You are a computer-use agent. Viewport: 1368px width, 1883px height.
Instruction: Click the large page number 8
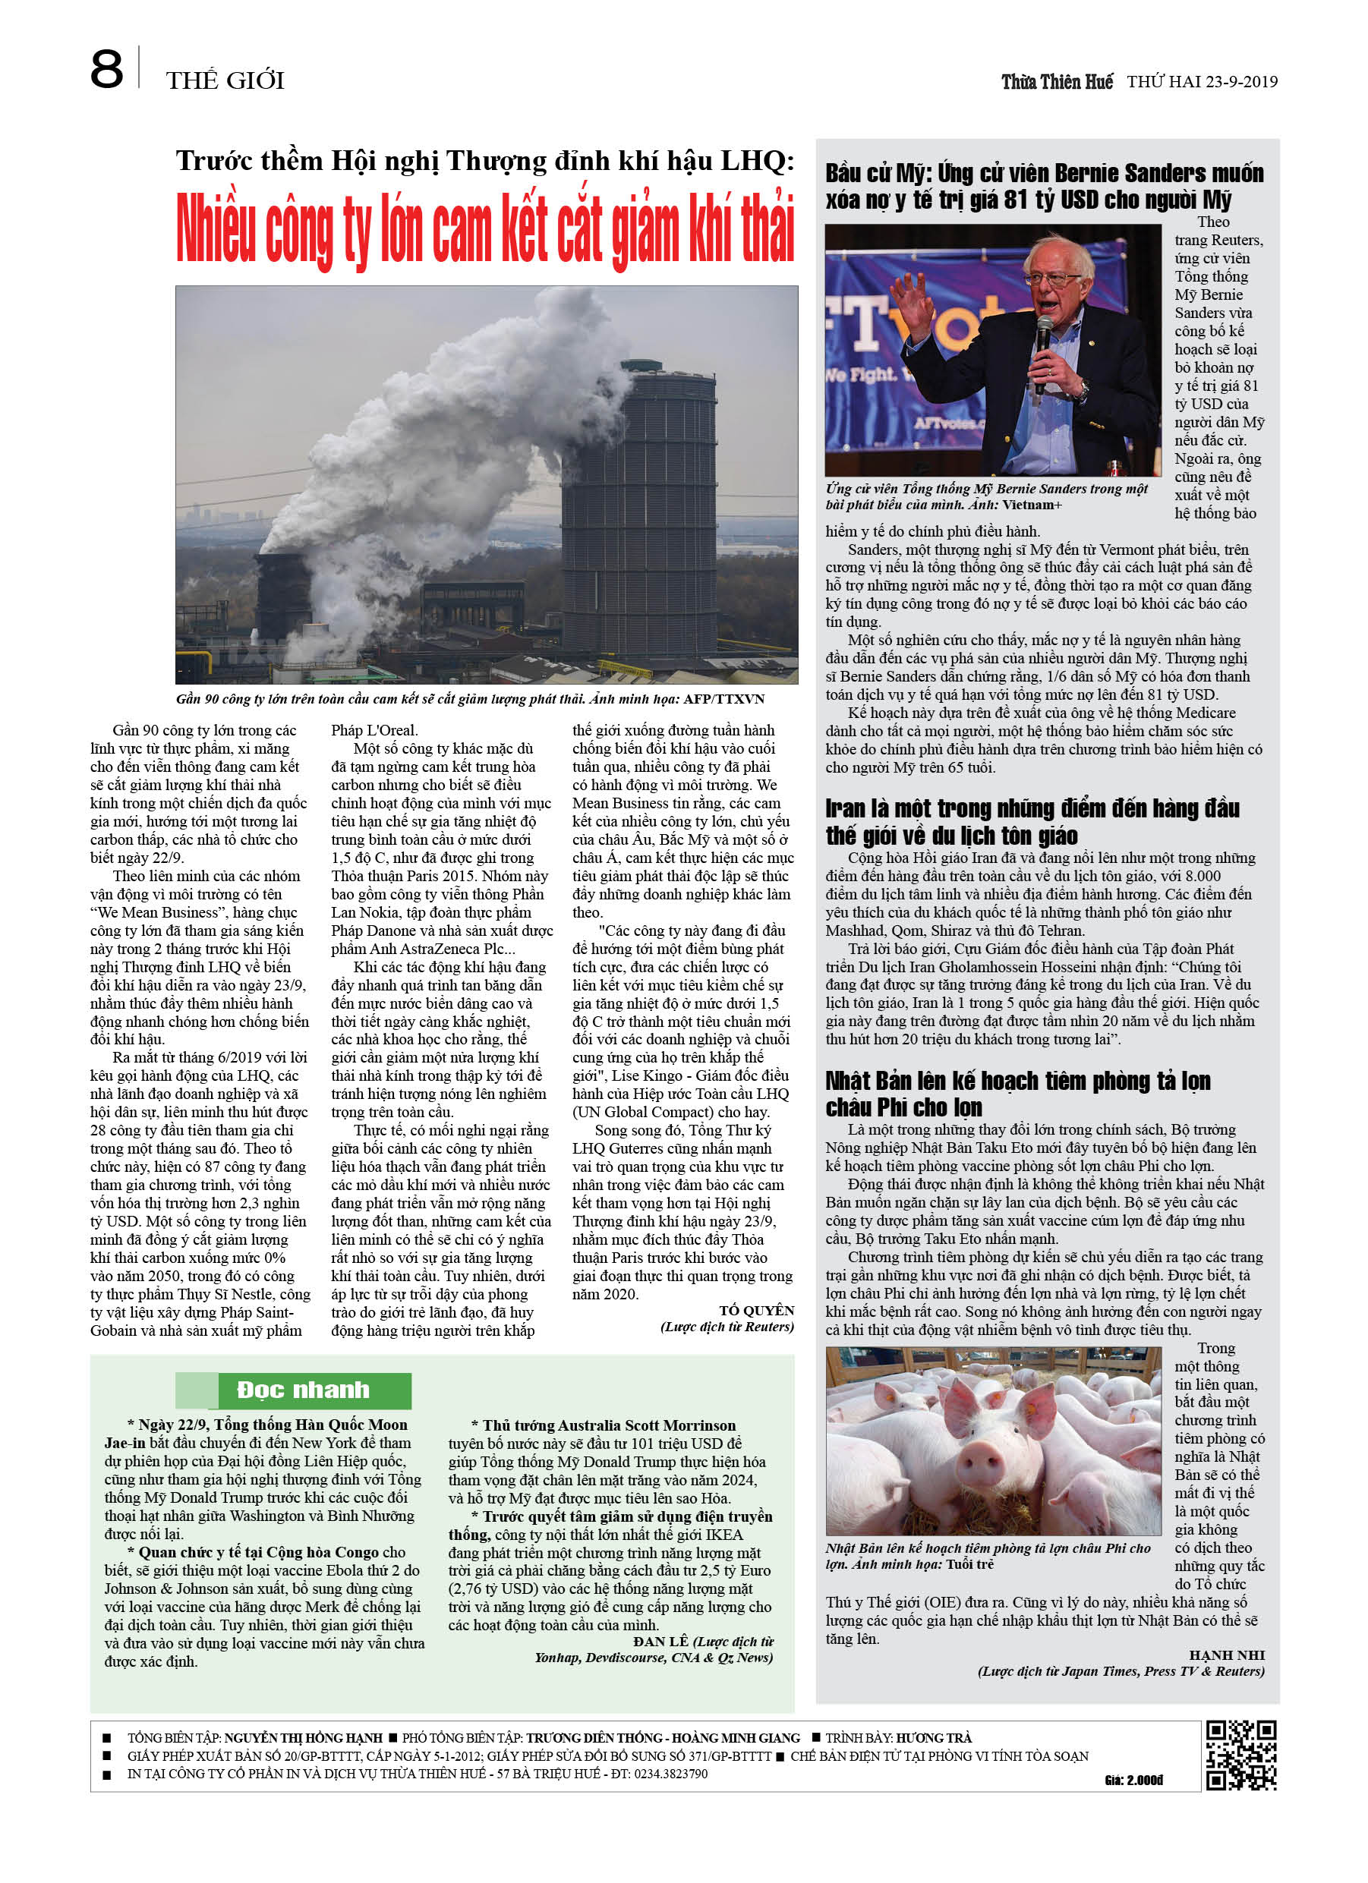click(x=106, y=70)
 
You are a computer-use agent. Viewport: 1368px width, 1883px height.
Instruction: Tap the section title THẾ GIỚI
click(x=225, y=80)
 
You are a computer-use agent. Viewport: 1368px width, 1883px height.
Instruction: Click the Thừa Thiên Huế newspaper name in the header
click(x=1057, y=81)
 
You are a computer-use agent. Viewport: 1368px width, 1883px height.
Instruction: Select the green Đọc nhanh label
click(x=302, y=1390)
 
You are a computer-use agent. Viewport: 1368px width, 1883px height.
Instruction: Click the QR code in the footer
click(x=1241, y=1754)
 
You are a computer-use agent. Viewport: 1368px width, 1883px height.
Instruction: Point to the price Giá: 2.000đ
click(x=1133, y=1779)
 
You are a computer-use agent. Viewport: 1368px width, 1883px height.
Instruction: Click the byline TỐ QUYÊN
click(x=756, y=1310)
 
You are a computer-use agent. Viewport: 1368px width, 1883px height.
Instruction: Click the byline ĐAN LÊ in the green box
click(x=660, y=1642)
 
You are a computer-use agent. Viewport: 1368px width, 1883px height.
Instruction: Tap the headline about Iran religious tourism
click(x=1032, y=822)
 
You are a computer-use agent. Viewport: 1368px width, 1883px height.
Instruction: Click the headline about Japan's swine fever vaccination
click(x=1017, y=1094)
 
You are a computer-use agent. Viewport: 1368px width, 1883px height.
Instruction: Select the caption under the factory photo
click(x=469, y=699)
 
